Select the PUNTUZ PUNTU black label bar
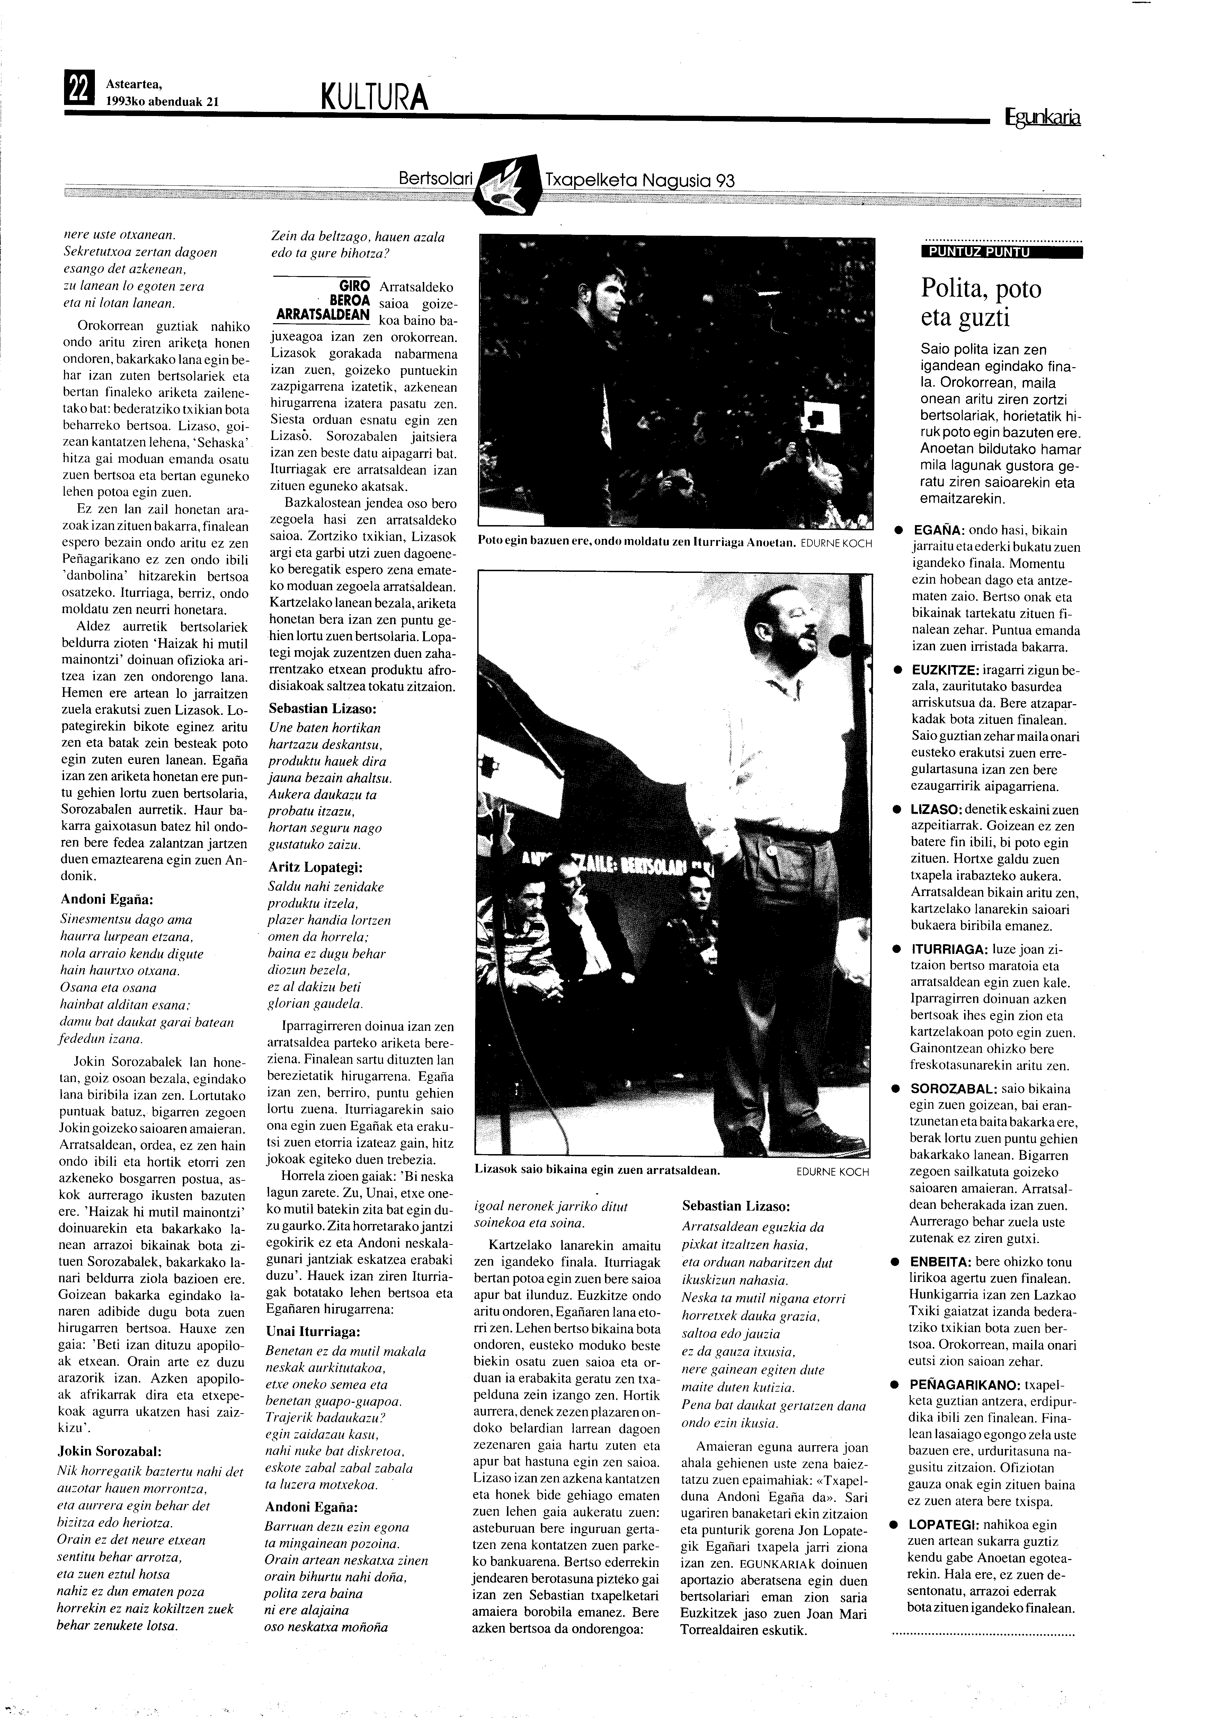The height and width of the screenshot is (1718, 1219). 1001,252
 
